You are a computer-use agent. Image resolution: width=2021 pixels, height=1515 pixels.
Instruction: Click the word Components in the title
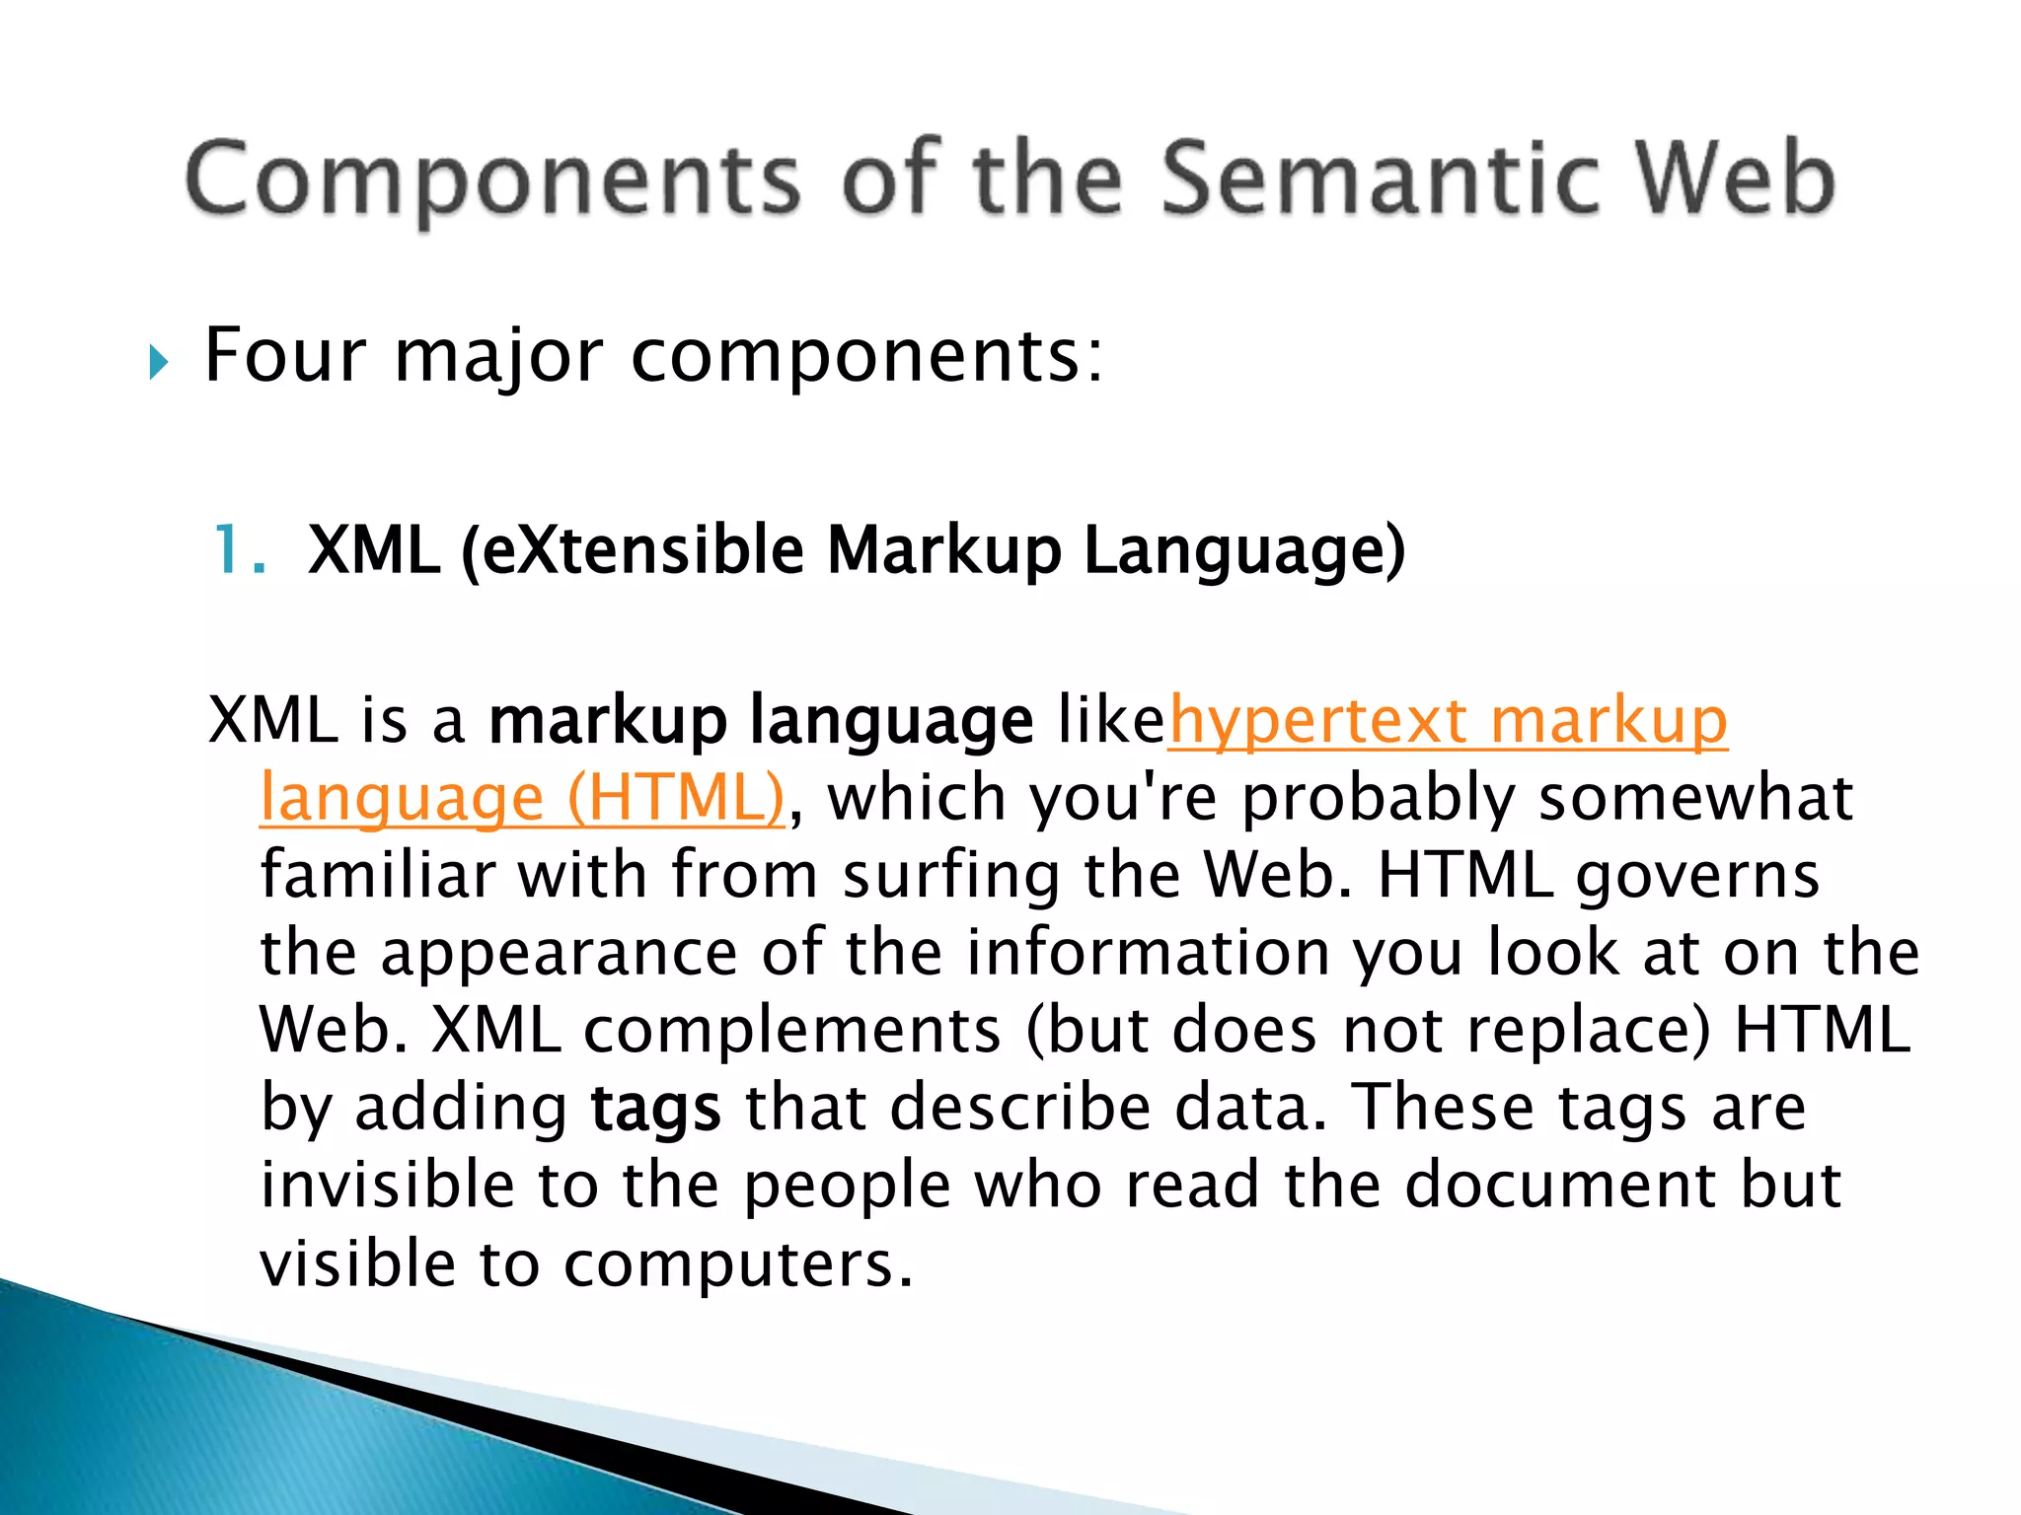pyautogui.click(x=490, y=179)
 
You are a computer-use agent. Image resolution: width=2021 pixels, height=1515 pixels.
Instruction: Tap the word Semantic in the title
pyautogui.click(x=1380, y=179)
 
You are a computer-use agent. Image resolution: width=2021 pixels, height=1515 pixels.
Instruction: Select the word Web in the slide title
pyautogui.click(x=1737, y=179)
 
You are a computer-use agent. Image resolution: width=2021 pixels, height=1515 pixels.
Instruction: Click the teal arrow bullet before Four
pyautogui.click(x=158, y=362)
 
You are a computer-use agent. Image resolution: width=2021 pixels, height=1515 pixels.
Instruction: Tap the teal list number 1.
pyautogui.click(x=237, y=549)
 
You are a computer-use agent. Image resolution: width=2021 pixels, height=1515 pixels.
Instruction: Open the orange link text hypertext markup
pyautogui.click(x=1448, y=720)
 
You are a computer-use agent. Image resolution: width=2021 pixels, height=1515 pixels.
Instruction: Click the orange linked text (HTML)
pyautogui.click(x=676, y=797)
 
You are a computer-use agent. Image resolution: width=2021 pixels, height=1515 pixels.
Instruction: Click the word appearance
pyautogui.click(x=559, y=953)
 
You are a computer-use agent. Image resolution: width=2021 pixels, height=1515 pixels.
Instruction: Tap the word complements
pyautogui.click(x=791, y=1031)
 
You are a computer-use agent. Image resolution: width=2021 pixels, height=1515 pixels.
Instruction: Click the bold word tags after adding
pyautogui.click(x=655, y=1108)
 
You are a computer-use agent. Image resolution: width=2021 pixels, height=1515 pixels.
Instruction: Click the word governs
pyautogui.click(x=1697, y=876)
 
